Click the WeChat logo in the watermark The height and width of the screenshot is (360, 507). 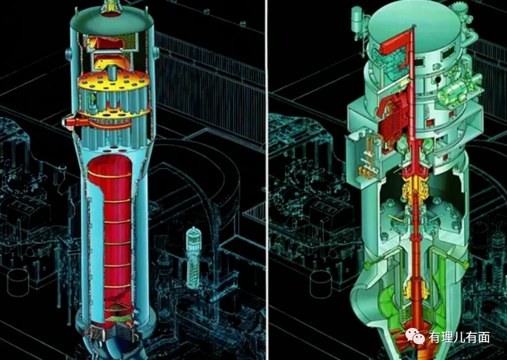click(415, 337)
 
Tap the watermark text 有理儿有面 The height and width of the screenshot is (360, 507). click(459, 338)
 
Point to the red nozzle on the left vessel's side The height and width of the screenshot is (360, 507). click(75, 122)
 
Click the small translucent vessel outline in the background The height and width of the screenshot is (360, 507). click(193, 257)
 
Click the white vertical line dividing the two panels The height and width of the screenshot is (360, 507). click(267, 180)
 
